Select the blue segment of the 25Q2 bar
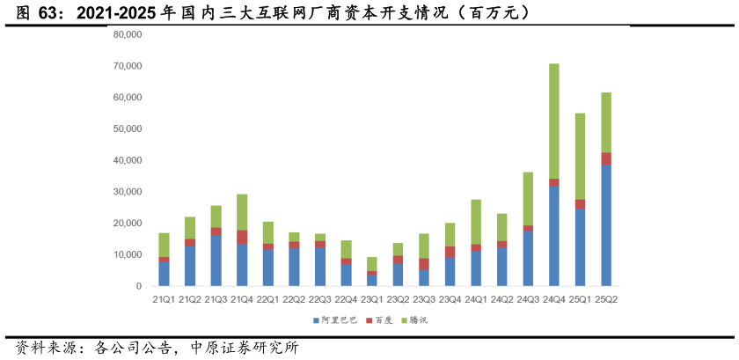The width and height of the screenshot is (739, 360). point(606,225)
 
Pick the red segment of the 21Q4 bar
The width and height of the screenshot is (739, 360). point(242,237)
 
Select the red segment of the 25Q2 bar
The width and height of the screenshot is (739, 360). point(606,158)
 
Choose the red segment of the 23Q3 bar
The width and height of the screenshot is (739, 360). point(424,264)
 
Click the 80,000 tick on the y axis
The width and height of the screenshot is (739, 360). point(128,35)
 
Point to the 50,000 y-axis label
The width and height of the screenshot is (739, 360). point(128,129)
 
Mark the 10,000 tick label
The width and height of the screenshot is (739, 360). point(128,255)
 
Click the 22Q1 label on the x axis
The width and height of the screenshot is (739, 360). point(268,299)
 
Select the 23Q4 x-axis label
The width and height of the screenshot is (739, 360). point(450,299)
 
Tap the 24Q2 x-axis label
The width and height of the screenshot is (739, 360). point(502,299)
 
